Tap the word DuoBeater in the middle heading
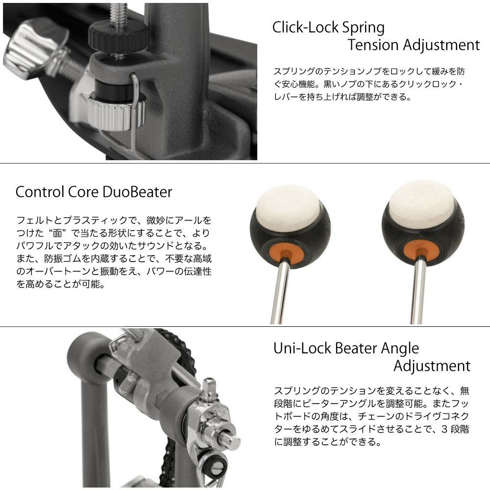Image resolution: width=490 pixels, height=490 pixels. click(137, 192)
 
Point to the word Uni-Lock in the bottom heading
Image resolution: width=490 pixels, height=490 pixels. click(302, 348)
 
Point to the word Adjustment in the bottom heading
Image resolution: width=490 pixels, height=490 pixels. click(432, 366)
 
